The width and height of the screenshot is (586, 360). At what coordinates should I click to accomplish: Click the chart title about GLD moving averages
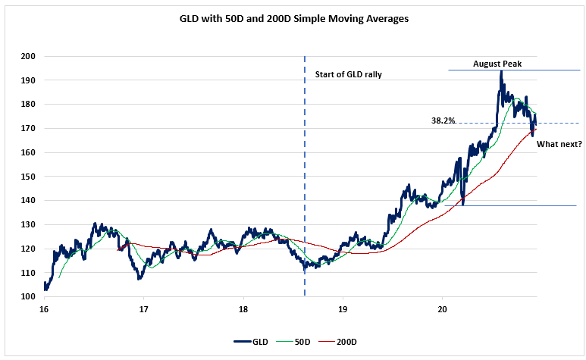click(x=293, y=18)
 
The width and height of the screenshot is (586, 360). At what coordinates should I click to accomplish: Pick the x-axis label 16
click(x=44, y=309)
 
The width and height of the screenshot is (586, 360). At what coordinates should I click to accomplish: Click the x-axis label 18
click(x=243, y=309)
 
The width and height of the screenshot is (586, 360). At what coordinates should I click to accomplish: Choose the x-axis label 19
click(x=343, y=309)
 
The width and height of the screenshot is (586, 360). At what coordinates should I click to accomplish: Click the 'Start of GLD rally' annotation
click(x=349, y=74)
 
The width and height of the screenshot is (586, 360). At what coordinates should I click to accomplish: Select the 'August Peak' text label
click(x=497, y=63)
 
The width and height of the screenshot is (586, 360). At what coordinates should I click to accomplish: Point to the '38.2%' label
click(x=443, y=120)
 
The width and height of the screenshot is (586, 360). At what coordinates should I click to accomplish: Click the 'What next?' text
click(x=559, y=143)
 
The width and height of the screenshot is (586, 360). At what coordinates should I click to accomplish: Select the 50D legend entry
click(x=299, y=342)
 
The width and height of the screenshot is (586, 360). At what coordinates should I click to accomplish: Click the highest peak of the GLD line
click(x=500, y=72)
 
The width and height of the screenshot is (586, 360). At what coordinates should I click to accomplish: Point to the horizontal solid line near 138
click(x=523, y=205)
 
